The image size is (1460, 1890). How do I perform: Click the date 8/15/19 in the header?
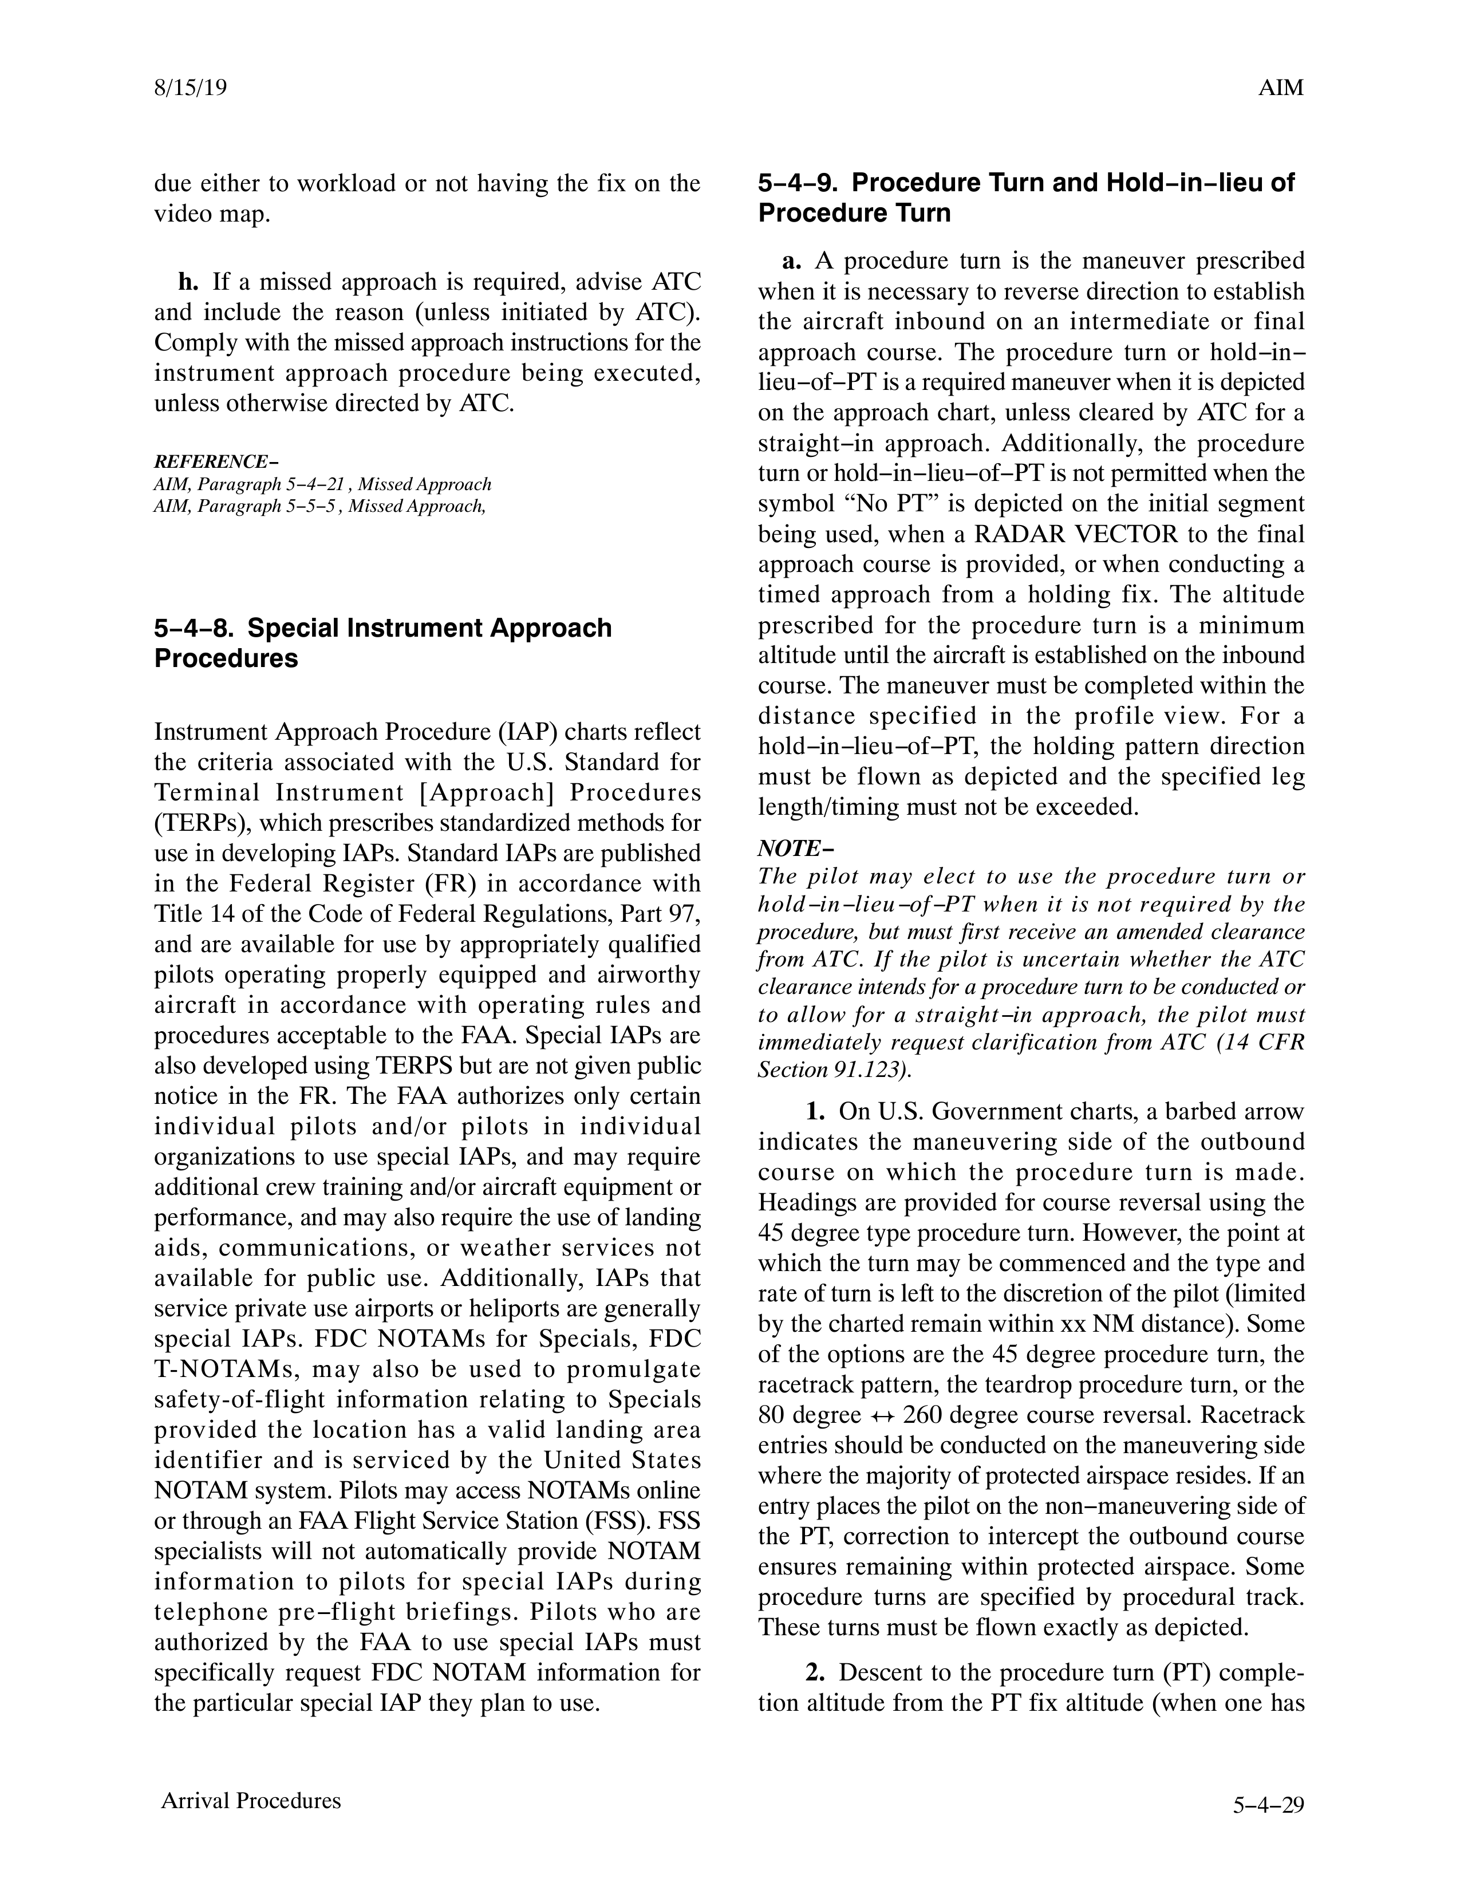click(191, 88)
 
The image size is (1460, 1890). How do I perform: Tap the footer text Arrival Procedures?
click(251, 1801)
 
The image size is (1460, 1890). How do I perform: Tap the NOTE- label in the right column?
click(790, 847)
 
